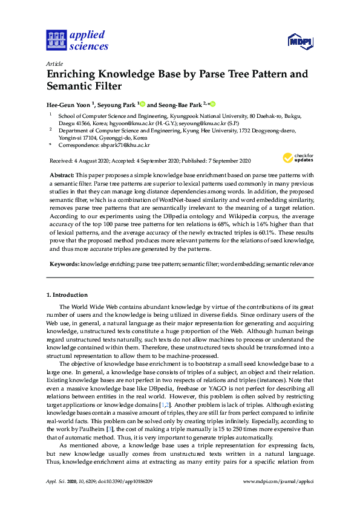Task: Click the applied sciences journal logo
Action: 77,40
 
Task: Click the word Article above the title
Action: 55,63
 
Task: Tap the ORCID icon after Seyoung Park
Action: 143,103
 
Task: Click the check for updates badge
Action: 297,158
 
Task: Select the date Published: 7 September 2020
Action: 210,161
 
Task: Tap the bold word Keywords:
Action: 64,265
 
